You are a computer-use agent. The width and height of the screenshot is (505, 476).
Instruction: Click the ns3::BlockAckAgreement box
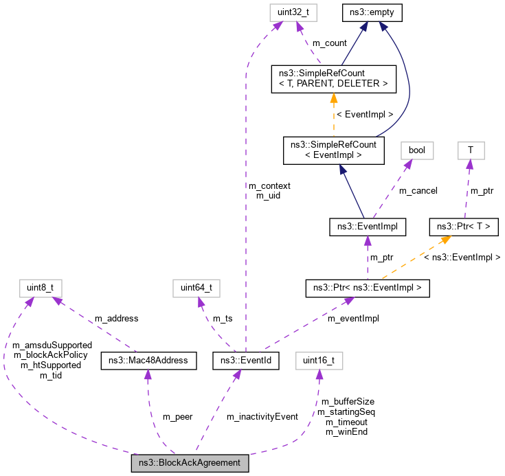(x=190, y=464)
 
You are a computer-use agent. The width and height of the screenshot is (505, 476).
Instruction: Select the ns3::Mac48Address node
(x=149, y=360)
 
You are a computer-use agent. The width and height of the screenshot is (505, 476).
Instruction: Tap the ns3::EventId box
(x=246, y=360)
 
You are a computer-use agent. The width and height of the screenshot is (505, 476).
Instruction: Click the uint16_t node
(x=319, y=360)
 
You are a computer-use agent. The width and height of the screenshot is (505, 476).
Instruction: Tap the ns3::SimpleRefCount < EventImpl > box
(x=333, y=150)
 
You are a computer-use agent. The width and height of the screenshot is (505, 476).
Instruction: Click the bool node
(x=417, y=150)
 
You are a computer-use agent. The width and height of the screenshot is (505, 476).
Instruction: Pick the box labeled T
(x=470, y=150)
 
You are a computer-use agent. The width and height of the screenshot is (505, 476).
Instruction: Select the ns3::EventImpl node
(x=368, y=225)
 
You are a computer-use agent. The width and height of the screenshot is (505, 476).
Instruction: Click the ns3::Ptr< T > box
(x=464, y=225)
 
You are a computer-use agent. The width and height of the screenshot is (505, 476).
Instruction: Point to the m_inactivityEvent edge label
(x=262, y=416)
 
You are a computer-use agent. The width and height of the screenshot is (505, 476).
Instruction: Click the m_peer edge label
(x=177, y=416)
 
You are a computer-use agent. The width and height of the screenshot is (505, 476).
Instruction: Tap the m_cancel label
(x=418, y=190)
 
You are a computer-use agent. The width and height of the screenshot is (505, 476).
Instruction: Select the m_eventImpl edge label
(x=352, y=318)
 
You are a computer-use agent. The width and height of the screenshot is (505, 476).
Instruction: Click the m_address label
(x=116, y=318)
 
